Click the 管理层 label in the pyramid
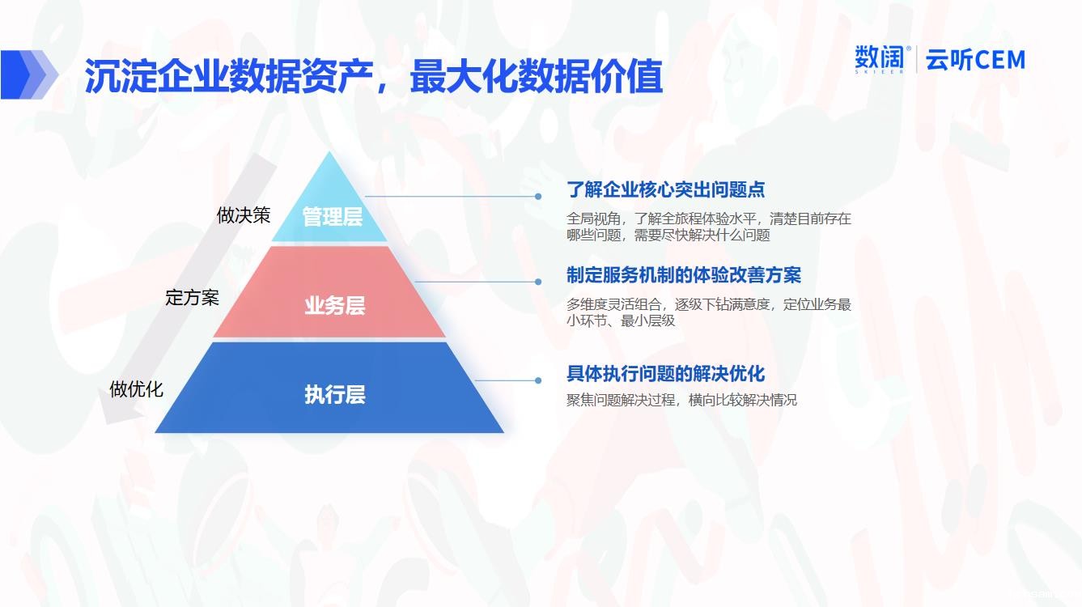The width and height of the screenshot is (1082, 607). pyautogui.click(x=333, y=216)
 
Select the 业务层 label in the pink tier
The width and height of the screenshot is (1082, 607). pyautogui.click(x=335, y=305)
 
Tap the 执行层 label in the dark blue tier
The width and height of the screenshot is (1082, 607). pyautogui.click(x=335, y=394)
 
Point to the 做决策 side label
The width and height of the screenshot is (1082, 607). pyautogui.click(x=244, y=215)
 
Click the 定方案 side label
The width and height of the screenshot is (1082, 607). pyautogui.click(x=193, y=297)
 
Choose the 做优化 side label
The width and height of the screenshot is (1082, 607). pyautogui.click(x=136, y=388)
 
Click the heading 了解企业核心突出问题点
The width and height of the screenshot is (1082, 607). pyautogui.click(x=665, y=189)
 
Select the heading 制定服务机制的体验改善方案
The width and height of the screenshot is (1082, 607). pyautogui.click(x=684, y=275)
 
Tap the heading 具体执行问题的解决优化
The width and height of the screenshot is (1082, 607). pyautogui.click(x=665, y=374)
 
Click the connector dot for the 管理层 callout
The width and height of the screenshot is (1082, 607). pyautogui.click(x=538, y=197)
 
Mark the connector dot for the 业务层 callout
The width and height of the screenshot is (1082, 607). pyautogui.click(x=538, y=282)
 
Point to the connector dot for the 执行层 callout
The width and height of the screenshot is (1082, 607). pyautogui.click(x=538, y=380)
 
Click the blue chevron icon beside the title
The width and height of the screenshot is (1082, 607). pyautogui.click(x=29, y=74)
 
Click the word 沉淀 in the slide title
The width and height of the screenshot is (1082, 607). pyautogui.click(x=121, y=76)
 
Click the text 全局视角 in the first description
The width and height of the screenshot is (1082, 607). pyautogui.click(x=593, y=219)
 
